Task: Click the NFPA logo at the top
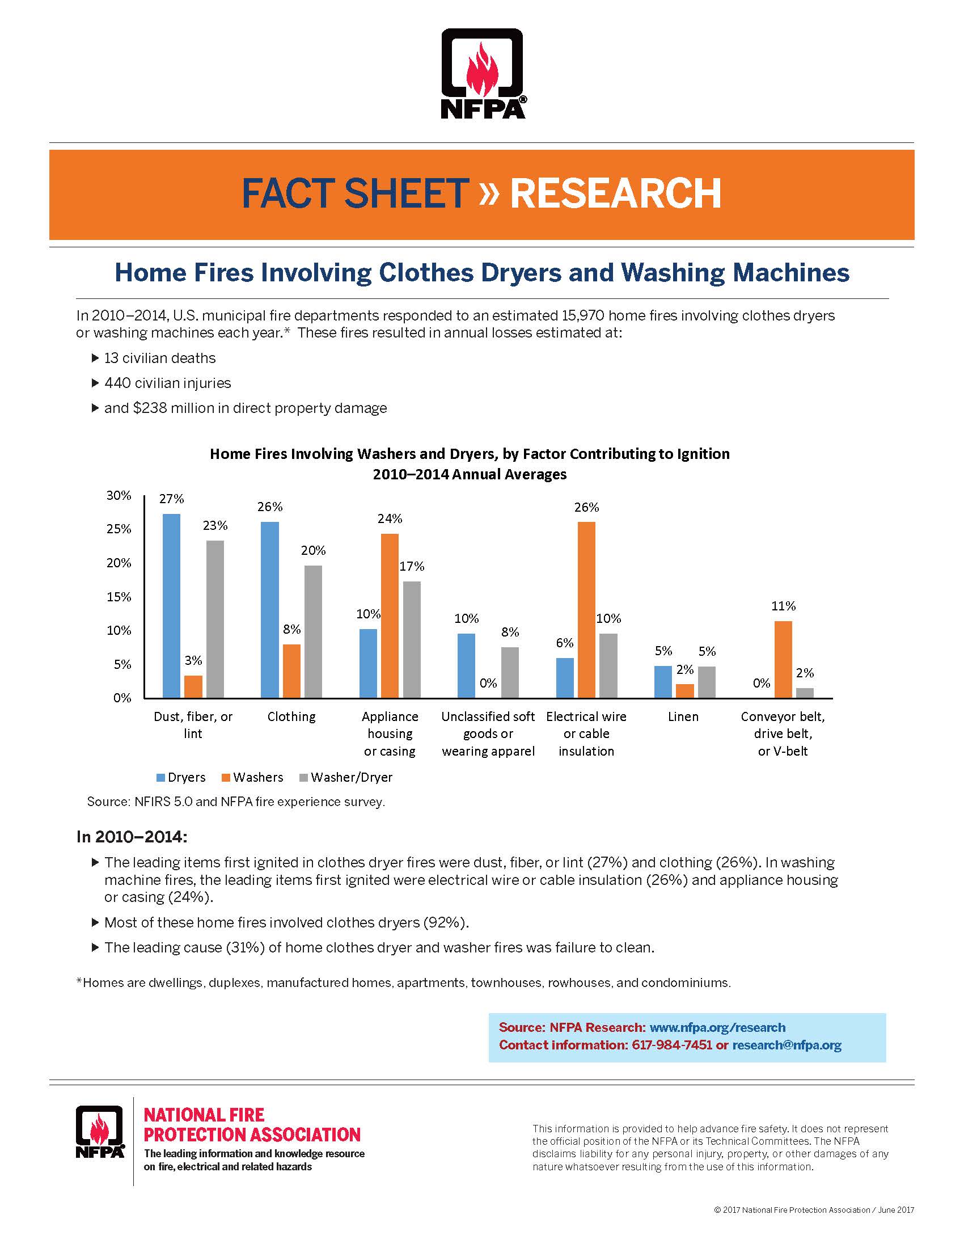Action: tap(483, 73)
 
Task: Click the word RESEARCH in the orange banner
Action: tap(615, 193)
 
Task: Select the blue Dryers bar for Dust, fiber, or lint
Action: tap(171, 606)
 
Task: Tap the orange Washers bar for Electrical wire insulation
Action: tap(586, 609)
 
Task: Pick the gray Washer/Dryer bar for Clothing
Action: tap(313, 631)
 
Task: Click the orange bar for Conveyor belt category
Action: tap(783, 659)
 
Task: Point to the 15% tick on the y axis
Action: tap(119, 597)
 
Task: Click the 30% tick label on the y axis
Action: tap(119, 495)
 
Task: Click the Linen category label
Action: tap(683, 716)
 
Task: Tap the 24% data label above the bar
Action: tap(390, 518)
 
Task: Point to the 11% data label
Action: tap(783, 606)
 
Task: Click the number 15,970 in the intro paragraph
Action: tap(576, 315)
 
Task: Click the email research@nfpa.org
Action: tap(787, 1045)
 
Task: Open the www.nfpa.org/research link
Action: tap(717, 1027)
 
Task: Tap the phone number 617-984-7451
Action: tap(671, 1045)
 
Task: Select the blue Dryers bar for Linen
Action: tap(662, 681)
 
